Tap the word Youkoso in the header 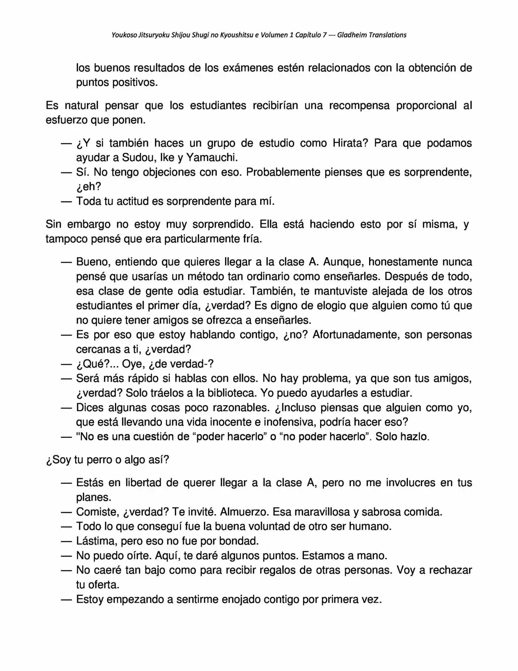(x=124, y=35)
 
